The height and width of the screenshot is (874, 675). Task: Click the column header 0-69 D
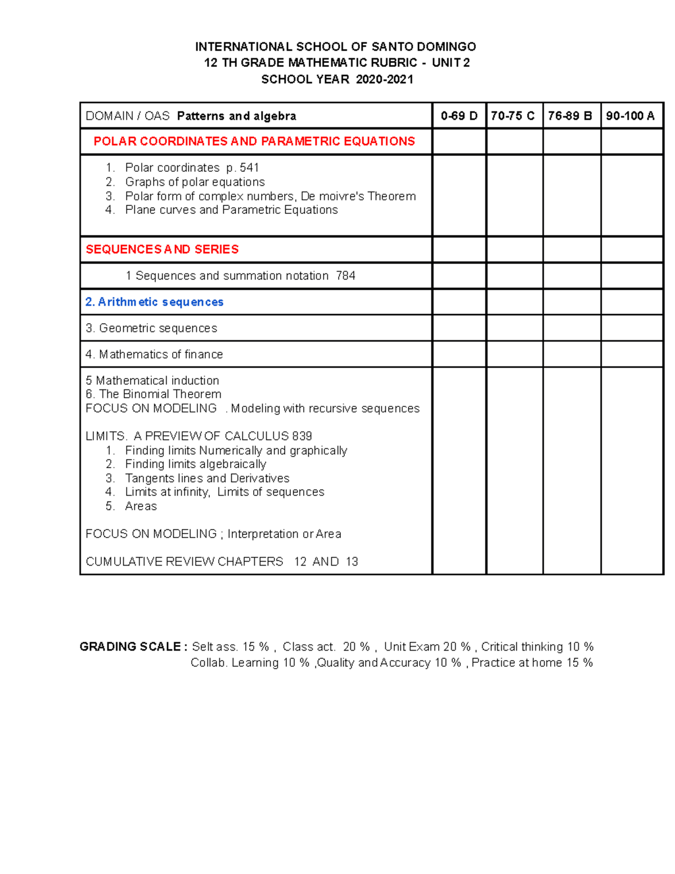[x=459, y=116]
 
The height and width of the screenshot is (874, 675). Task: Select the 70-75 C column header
[x=513, y=116]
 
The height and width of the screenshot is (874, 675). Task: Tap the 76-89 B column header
[x=570, y=116]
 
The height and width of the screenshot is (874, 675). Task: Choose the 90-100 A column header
[x=630, y=116]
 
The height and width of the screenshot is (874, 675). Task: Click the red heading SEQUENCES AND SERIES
[x=162, y=249]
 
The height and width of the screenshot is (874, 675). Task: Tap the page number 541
[x=249, y=168]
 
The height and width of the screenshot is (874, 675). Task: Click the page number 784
[x=345, y=276]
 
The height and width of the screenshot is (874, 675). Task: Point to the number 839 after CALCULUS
[x=301, y=436]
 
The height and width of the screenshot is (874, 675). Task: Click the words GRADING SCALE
[x=130, y=647]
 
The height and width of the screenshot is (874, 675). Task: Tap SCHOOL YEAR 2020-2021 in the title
[x=337, y=79]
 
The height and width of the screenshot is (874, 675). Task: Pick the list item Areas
[x=141, y=507]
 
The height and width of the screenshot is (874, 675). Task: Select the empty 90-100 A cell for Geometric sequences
[x=631, y=328]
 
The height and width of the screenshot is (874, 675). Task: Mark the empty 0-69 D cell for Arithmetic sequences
[x=459, y=302]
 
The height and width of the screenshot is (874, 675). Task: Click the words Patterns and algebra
[x=236, y=116]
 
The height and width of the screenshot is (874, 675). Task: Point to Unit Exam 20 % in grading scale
[x=427, y=647]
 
